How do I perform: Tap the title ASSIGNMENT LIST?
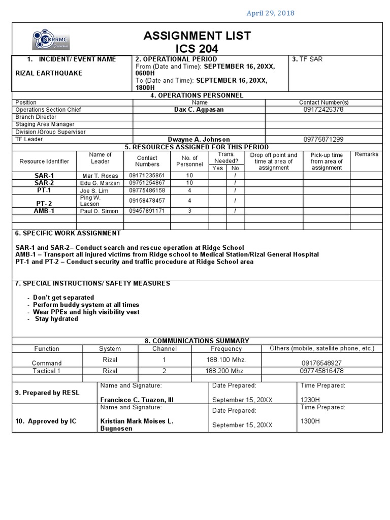pyautogui.click(x=197, y=36)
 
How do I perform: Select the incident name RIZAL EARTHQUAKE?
pyautogui.click(x=49, y=73)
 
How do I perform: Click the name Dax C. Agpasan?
pyautogui.click(x=199, y=110)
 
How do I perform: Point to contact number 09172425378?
pyautogui.click(x=323, y=110)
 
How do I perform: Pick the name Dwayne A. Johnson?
pyautogui.click(x=199, y=139)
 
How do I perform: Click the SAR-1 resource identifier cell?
pyautogui.click(x=44, y=175)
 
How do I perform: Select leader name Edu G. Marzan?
pyautogui.click(x=100, y=183)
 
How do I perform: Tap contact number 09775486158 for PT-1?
pyautogui.click(x=147, y=190)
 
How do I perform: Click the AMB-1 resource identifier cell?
pyautogui.click(x=44, y=211)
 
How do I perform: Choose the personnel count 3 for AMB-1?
pyautogui.click(x=189, y=211)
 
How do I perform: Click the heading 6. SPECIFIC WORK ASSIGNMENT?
pyautogui.click(x=68, y=233)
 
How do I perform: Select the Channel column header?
pyautogui.click(x=165, y=349)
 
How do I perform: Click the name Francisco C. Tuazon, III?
pyautogui.click(x=137, y=400)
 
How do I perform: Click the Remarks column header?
pyautogui.click(x=366, y=154)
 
